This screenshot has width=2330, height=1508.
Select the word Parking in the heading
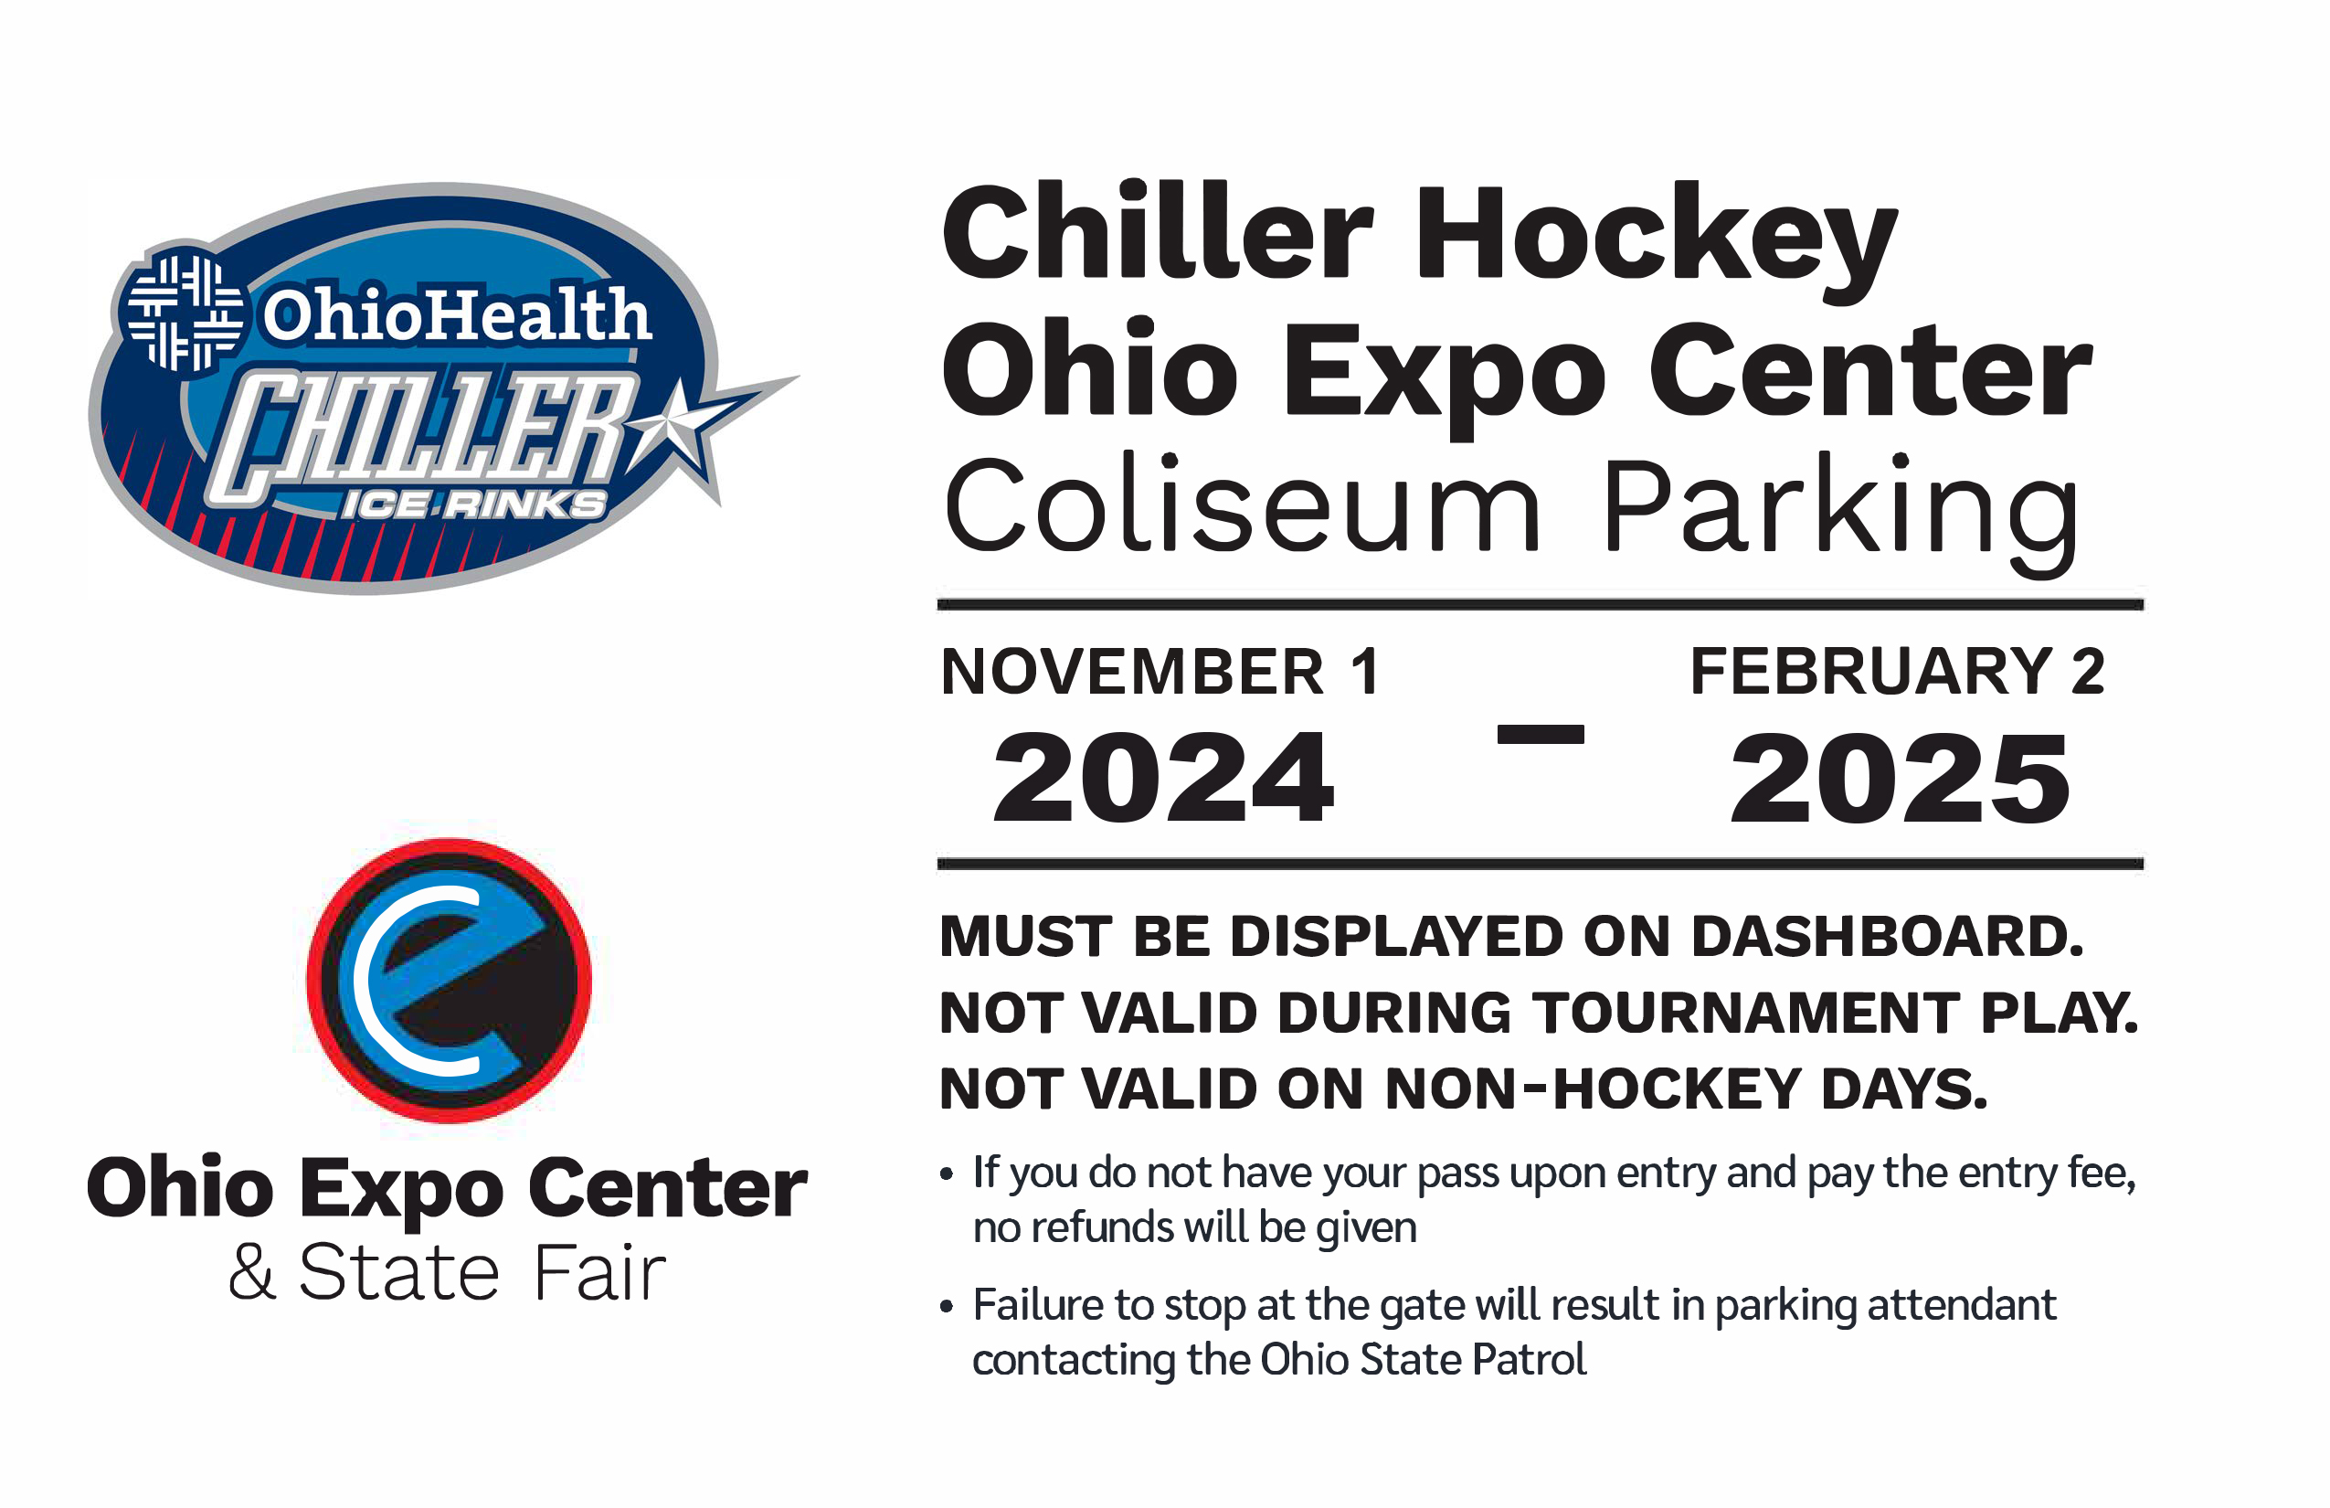1840,513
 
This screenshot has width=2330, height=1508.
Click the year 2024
1163,778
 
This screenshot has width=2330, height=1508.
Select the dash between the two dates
1540,735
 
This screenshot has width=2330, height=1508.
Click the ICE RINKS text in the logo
474,504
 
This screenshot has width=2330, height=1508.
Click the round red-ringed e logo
450,980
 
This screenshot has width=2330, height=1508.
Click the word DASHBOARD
1888,937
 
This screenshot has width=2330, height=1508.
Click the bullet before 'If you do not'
947,1174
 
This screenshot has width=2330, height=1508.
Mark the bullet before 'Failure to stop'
947,1306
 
